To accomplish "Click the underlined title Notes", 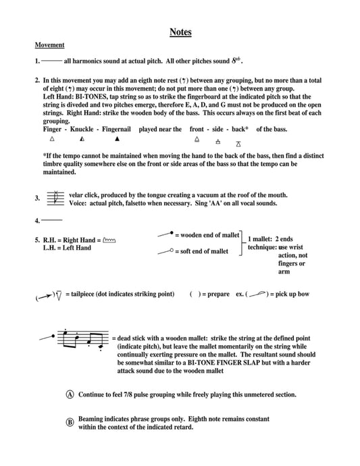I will point(180,32).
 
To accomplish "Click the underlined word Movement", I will point(49,45).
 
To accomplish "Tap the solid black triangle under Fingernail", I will point(117,139).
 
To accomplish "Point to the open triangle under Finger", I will point(52,139).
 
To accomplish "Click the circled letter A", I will point(70,394).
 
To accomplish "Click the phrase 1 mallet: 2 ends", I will point(270,239).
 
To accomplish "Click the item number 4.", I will point(37,221).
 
